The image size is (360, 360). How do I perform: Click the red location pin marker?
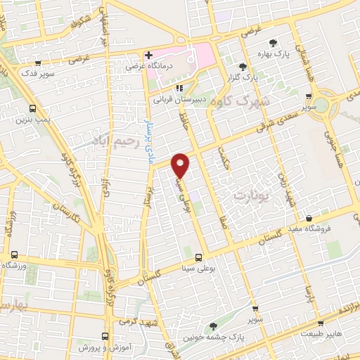point(181,165)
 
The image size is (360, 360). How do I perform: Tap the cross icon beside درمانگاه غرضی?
point(148,55)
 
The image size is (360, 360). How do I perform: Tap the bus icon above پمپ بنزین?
point(33,109)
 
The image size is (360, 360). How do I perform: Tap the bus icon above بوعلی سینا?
point(199,257)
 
